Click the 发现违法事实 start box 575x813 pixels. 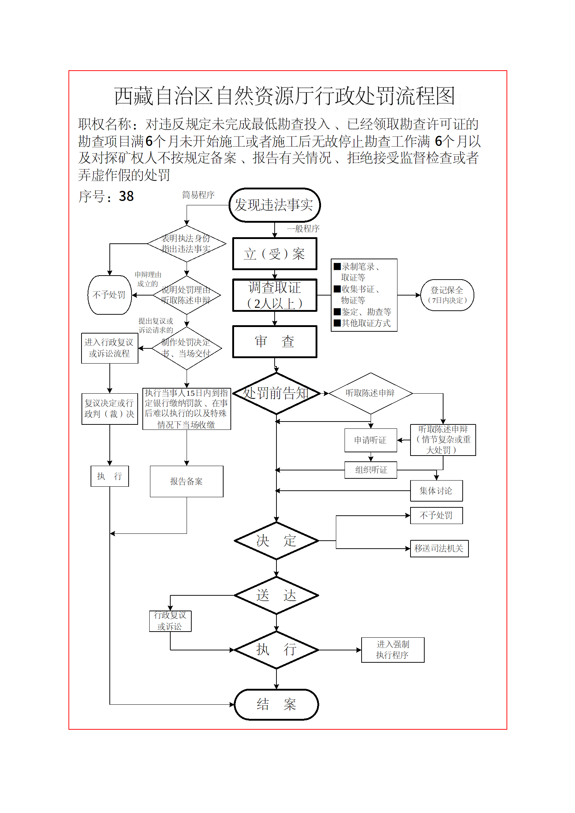[x=275, y=205]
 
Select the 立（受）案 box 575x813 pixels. [x=275, y=254]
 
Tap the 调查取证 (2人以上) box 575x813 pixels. [x=275, y=295]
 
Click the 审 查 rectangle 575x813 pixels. [x=275, y=341]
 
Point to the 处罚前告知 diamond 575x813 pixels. [x=276, y=393]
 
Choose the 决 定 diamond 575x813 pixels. [x=276, y=541]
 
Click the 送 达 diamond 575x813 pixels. [x=276, y=595]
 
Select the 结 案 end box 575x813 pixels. [x=276, y=704]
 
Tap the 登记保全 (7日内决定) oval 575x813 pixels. [x=447, y=295]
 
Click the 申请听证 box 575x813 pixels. [x=370, y=440]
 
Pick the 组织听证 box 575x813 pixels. [x=371, y=470]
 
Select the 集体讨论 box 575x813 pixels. [x=436, y=491]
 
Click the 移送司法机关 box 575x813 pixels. [x=439, y=548]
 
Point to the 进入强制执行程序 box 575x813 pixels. [x=392, y=650]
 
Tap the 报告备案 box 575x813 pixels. [x=186, y=481]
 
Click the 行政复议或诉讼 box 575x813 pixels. [x=170, y=621]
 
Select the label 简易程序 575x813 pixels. [x=198, y=195]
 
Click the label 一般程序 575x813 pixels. [x=303, y=229]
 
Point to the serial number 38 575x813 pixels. [x=126, y=196]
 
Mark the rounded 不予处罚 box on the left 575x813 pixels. [x=109, y=295]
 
